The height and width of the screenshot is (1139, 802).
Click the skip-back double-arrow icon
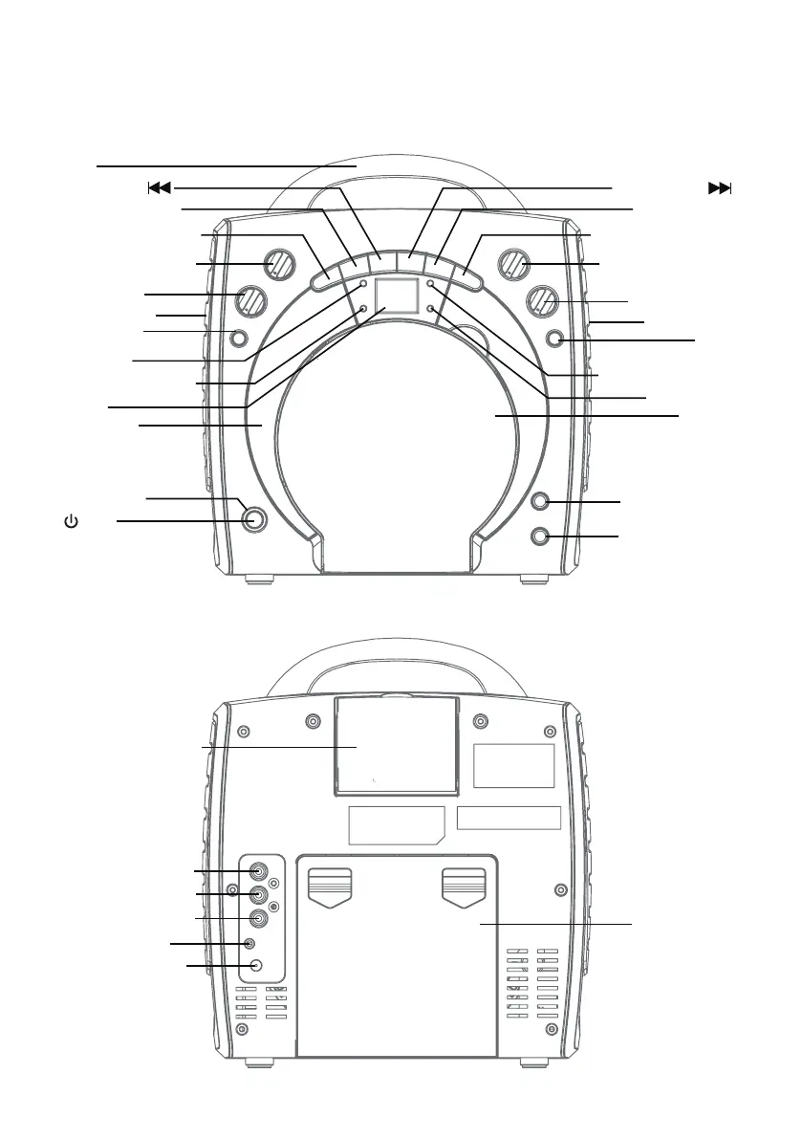click(x=159, y=188)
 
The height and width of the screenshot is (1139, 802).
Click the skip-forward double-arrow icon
click(x=719, y=188)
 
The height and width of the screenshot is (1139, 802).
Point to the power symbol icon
click(x=71, y=522)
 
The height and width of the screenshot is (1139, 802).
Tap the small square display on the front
click(x=396, y=297)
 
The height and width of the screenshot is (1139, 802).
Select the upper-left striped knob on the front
click(x=278, y=263)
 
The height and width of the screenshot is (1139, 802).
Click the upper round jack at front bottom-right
click(x=542, y=502)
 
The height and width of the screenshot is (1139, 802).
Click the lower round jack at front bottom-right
click(x=542, y=537)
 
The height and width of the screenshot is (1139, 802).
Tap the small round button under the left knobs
click(x=239, y=337)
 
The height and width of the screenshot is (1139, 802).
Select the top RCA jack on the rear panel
click(x=258, y=871)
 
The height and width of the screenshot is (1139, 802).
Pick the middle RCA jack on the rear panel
click(x=258, y=895)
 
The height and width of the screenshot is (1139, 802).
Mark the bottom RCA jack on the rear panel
click(x=258, y=919)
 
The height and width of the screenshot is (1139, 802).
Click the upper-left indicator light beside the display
click(x=364, y=285)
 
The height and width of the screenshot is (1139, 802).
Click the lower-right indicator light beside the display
click(x=431, y=309)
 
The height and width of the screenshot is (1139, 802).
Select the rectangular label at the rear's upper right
click(x=514, y=765)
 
